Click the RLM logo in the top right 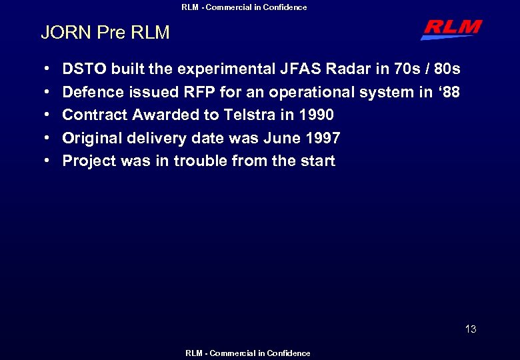451,29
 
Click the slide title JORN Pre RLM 105,32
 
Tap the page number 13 471,329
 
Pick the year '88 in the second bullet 448,92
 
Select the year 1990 314,115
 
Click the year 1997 321,138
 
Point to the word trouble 199,161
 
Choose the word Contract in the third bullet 94,115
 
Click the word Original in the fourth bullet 90,138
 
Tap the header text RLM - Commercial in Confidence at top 245,7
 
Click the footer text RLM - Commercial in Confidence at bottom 247,353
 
